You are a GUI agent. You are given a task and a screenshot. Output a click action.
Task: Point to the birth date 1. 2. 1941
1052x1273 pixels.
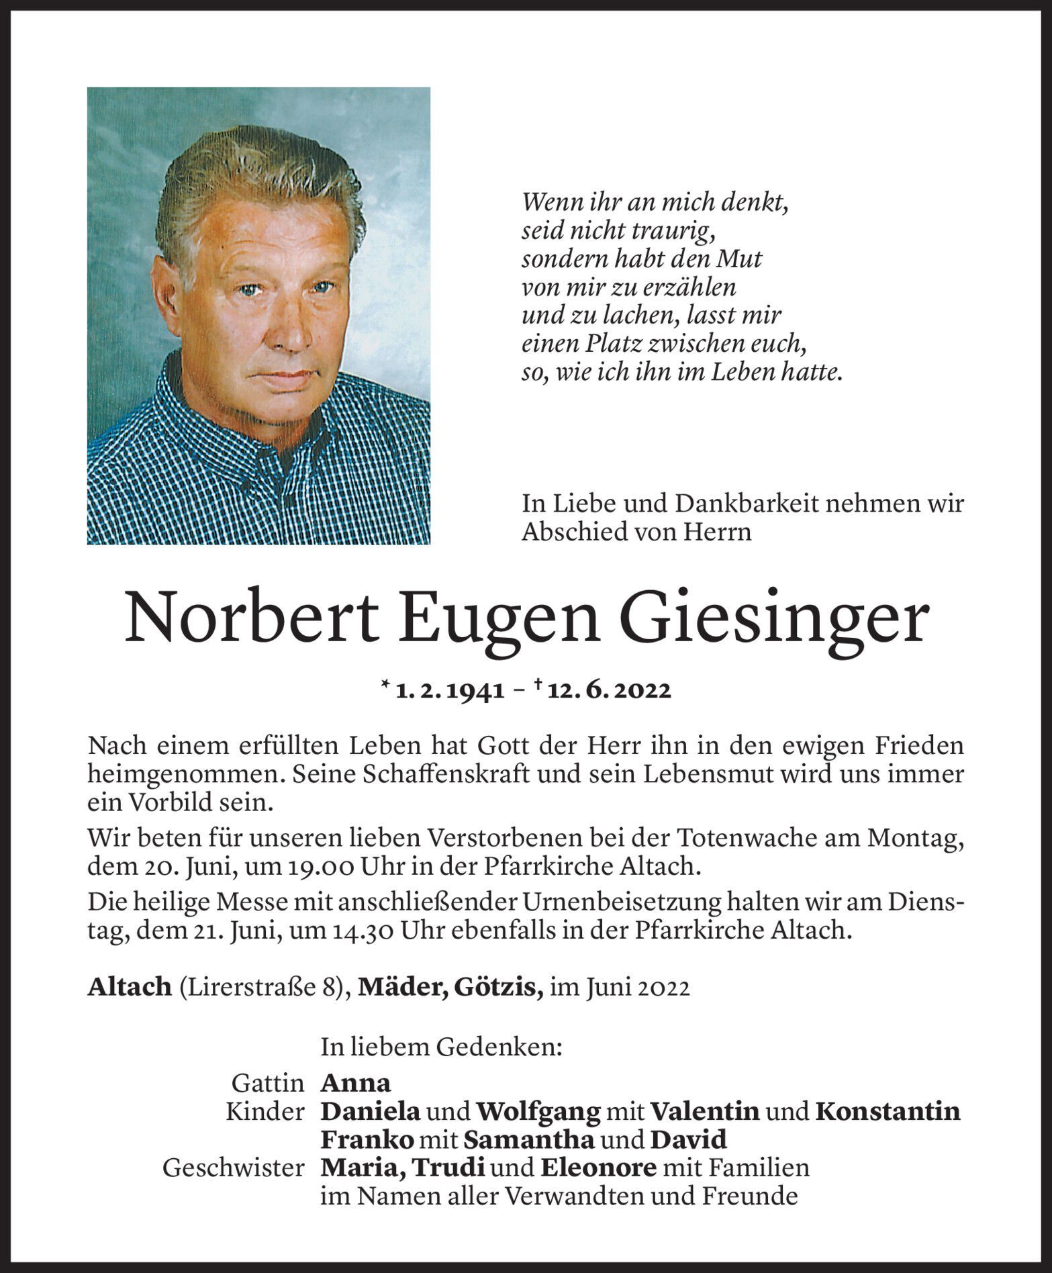[450, 692]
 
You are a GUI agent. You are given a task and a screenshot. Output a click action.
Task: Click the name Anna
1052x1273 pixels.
[356, 1083]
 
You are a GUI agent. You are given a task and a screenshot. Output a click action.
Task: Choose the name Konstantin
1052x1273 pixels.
[887, 1112]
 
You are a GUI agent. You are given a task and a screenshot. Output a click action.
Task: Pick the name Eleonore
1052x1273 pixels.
[598, 1168]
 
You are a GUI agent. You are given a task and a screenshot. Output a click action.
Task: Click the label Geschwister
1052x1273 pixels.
[233, 1169]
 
